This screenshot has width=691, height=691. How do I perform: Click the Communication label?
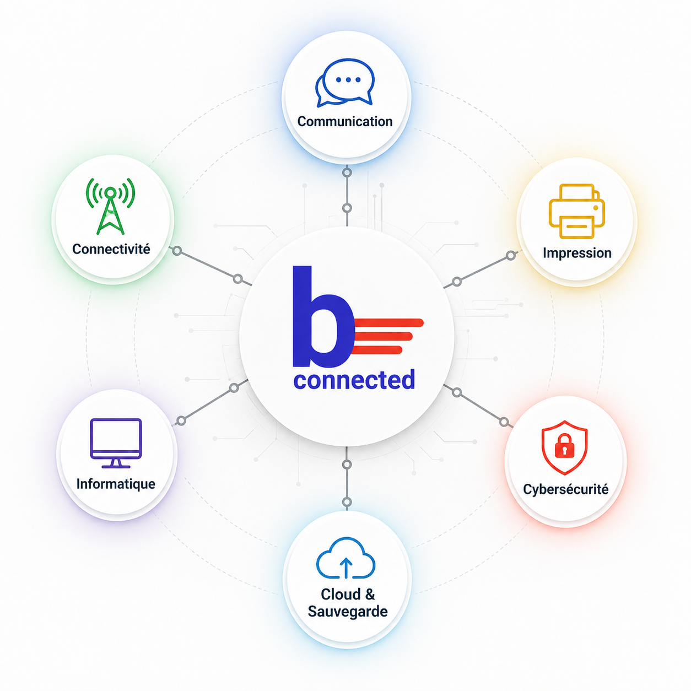coord(344,122)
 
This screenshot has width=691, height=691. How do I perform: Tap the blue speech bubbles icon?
coord(344,83)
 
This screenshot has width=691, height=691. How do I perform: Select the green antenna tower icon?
coord(110,206)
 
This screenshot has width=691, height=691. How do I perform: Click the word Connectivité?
coord(111,249)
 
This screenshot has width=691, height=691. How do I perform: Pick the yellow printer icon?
coord(576,211)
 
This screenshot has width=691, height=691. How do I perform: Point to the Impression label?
coord(577,253)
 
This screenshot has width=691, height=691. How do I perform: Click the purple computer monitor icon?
coord(116,443)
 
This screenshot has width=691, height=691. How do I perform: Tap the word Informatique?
coord(116,484)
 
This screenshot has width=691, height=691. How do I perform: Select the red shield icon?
coord(564,447)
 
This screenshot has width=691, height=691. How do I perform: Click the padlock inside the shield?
coord(564,446)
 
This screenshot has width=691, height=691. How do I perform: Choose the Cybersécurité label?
coord(565,489)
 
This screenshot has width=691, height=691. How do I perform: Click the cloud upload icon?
coord(345,558)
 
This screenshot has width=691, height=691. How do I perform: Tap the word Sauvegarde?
coord(348,612)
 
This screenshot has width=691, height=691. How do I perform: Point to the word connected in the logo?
coord(354,380)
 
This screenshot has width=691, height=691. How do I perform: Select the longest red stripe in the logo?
coord(388,323)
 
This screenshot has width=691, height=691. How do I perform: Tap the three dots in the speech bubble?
coord(348,80)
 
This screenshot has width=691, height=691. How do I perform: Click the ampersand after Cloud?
coord(369,594)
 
